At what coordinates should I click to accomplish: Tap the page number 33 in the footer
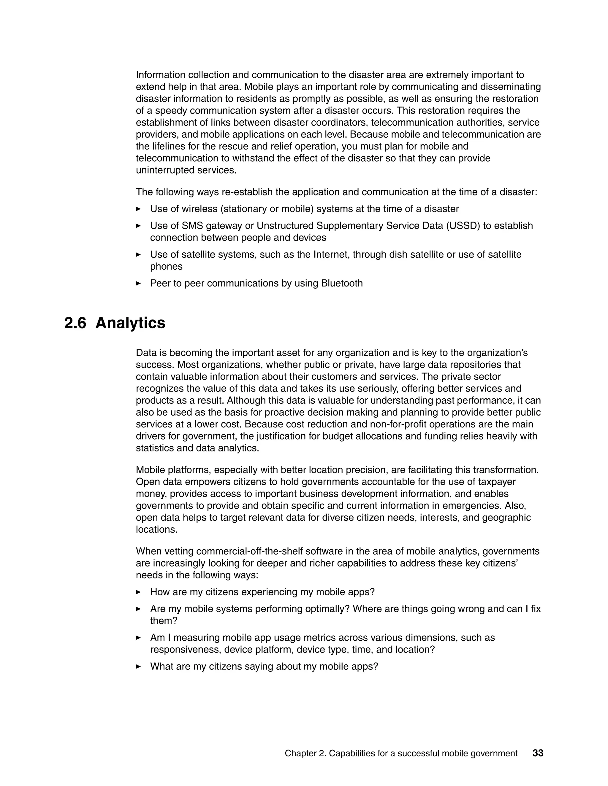point(538,753)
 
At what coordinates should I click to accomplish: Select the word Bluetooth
point(341,283)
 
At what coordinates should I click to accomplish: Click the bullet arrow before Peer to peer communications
point(138,283)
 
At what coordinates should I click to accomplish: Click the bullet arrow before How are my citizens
point(138,592)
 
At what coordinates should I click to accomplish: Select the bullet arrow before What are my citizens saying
point(138,666)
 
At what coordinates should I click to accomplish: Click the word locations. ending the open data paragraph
point(156,529)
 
